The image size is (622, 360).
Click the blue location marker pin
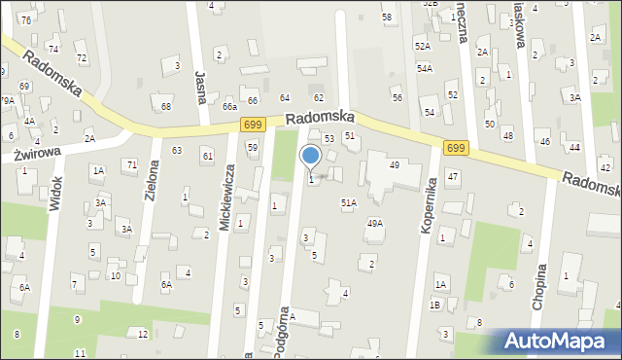[x=311, y=157]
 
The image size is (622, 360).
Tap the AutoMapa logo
[x=558, y=341]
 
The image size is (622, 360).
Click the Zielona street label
[x=152, y=178]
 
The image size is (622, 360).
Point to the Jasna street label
[x=202, y=85]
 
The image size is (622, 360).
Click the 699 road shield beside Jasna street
[x=253, y=124]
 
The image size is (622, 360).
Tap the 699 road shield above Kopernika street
[x=455, y=147]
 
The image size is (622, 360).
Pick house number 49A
[x=374, y=223]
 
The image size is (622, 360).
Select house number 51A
[x=348, y=202]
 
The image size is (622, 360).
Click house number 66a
[x=229, y=106]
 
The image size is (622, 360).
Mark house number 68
[x=166, y=106]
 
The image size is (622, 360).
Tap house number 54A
[x=425, y=68]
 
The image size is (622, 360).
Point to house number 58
[x=387, y=18]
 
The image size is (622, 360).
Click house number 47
[x=453, y=175]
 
